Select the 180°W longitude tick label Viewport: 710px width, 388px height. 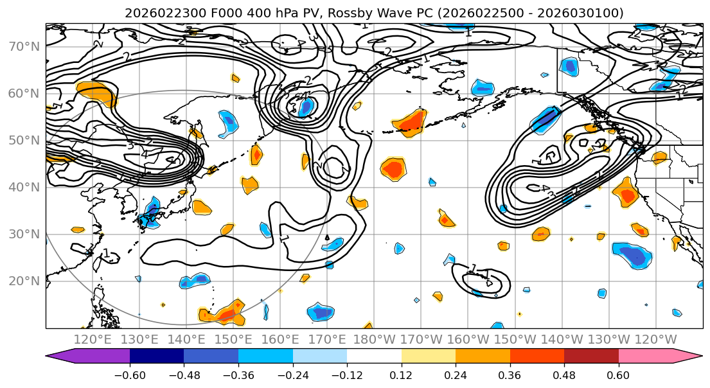pos(374,339)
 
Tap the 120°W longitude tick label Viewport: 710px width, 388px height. pos(655,339)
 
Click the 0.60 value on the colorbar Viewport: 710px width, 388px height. pos(618,373)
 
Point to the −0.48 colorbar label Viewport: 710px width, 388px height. pos(183,373)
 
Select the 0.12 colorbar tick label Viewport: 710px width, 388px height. pos(401,373)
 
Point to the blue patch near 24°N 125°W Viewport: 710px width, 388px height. pos(633,254)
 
